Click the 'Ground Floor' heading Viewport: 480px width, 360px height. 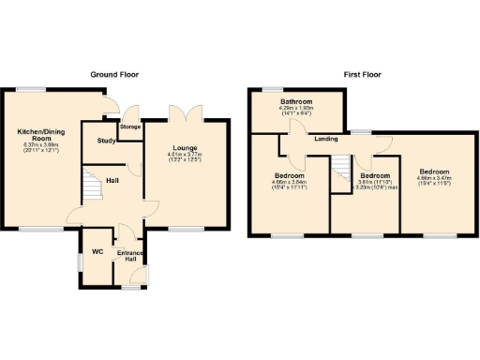[x=114, y=74]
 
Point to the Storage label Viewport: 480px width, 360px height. [x=129, y=126]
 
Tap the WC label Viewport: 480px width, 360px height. [x=97, y=250]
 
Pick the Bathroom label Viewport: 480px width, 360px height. [x=295, y=101]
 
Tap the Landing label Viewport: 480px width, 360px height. [x=326, y=139]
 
